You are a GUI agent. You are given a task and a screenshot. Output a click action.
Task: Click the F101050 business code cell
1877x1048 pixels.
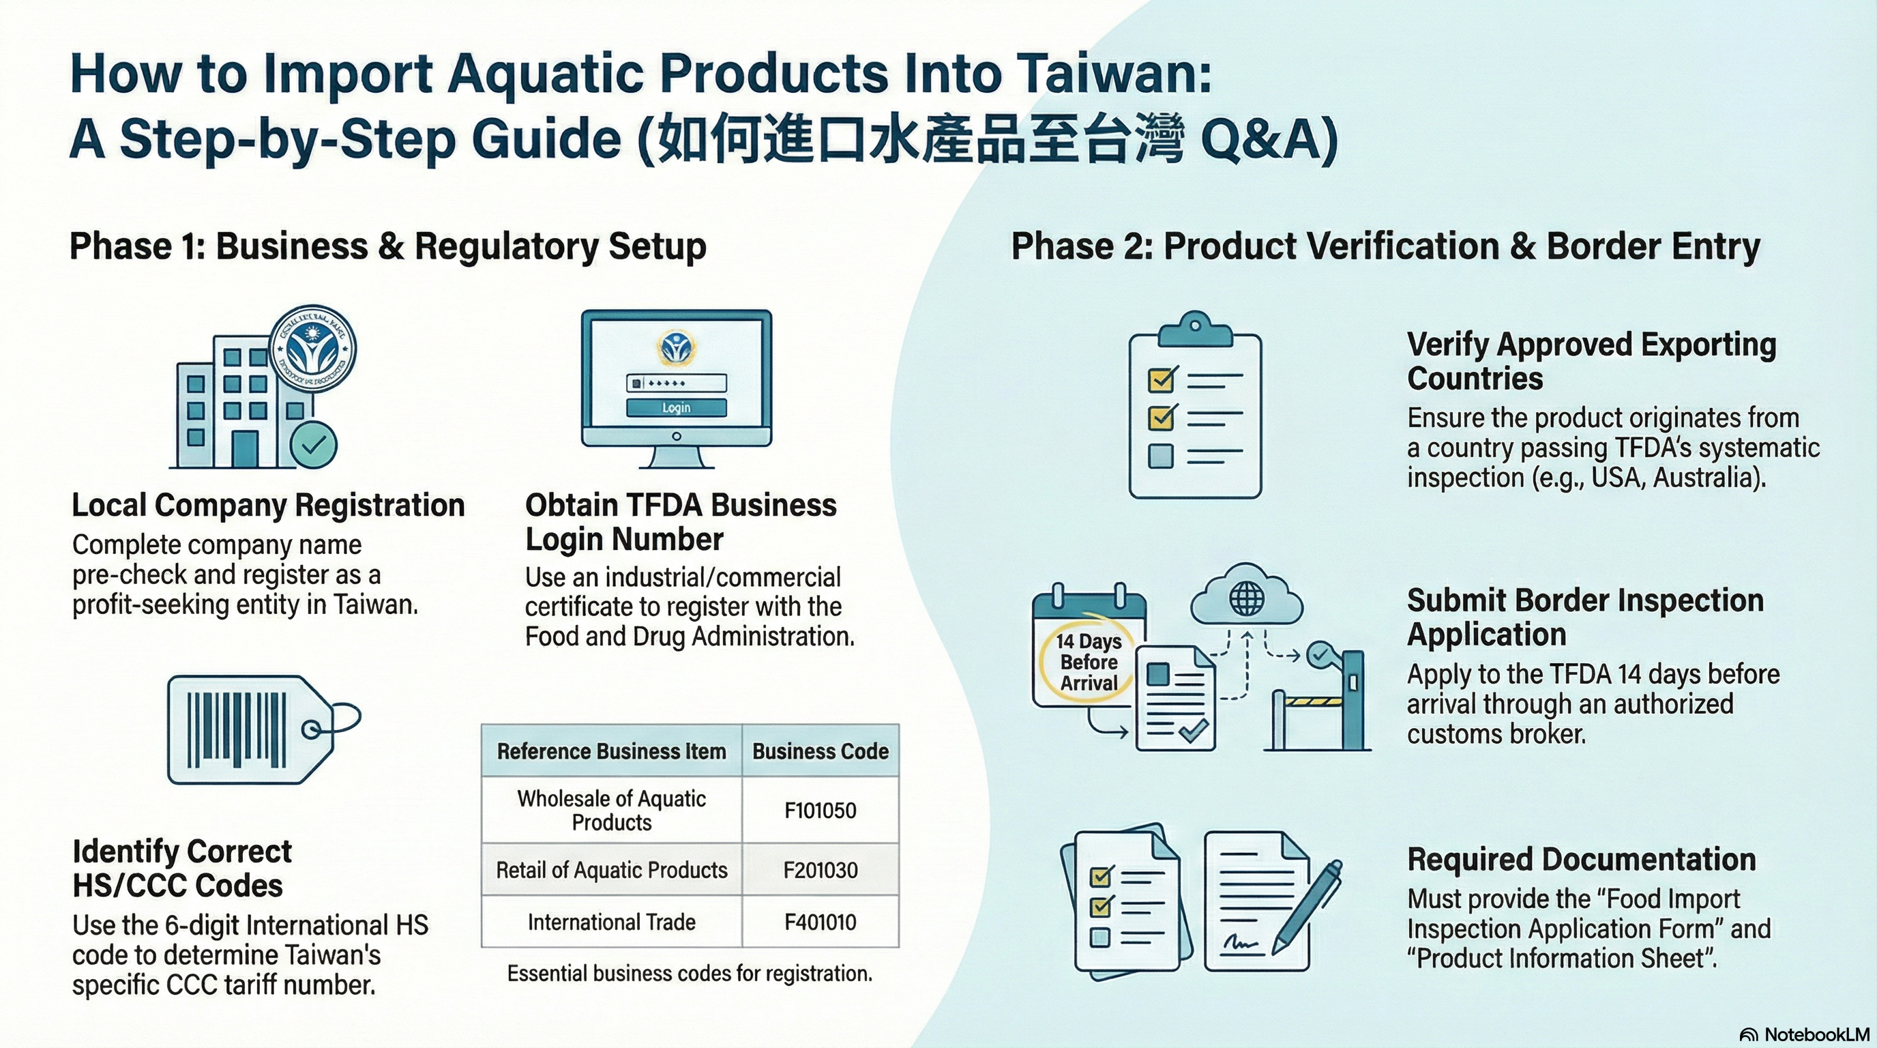tap(820, 811)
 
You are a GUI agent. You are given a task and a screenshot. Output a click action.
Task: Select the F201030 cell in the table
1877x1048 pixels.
tap(820, 870)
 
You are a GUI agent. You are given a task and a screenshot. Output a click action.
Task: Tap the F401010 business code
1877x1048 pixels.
tap(820, 922)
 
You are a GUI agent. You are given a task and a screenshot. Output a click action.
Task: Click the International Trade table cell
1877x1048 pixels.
tap(611, 922)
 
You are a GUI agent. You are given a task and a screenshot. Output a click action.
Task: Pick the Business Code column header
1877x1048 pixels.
tap(820, 751)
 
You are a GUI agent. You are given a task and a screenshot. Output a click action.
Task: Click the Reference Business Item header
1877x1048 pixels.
tap(611, 751)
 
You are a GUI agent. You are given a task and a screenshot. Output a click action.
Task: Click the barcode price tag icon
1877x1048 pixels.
tap(252, 729)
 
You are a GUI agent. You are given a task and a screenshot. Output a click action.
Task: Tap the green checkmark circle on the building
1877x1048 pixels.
tap(314, 445)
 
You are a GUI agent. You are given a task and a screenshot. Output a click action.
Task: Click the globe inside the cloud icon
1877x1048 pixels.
tap(1247, 599)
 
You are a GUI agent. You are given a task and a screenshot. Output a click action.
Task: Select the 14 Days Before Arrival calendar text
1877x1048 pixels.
tap(1089, 662)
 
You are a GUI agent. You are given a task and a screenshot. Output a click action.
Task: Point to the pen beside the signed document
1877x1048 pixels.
tap(1307, 907)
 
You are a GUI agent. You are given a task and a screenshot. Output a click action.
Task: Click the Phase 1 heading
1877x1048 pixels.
tap(387, 246)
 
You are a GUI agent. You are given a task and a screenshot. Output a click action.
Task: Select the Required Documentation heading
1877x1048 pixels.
tap(1581, 859)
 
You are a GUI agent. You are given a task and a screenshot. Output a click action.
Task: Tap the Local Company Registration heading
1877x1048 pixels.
tap(268, 505)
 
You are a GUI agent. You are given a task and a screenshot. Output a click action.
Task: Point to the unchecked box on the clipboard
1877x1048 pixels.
tap(1161, 456)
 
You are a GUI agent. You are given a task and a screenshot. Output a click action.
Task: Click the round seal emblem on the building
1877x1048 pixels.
tap(312, 349)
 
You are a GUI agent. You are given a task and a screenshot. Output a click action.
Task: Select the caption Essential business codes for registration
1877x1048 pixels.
tap(690, 974)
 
